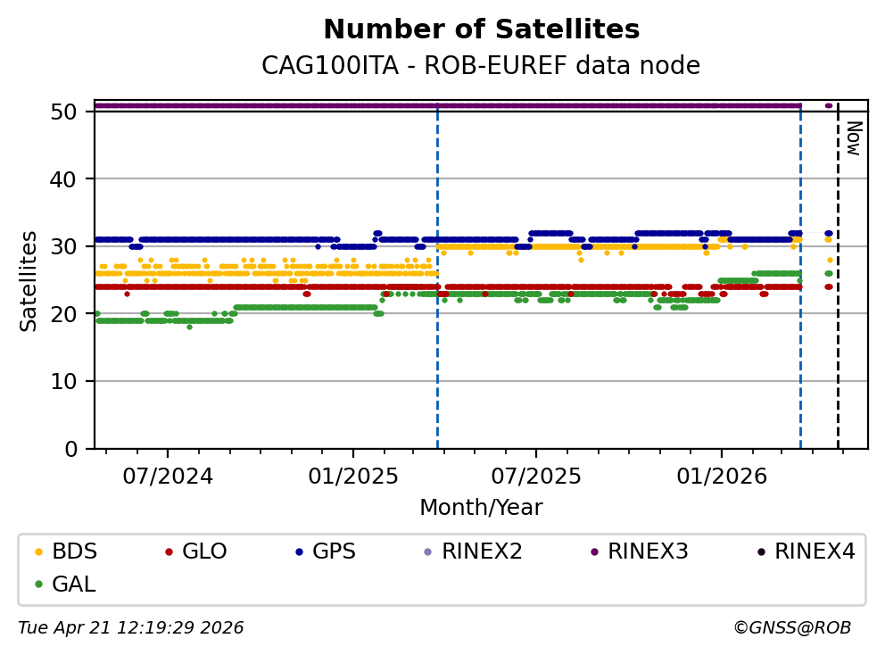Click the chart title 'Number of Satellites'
pos(481,30)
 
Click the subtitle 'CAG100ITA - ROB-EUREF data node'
pos(481,66)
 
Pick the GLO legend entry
pos(204,551)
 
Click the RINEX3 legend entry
pos(648,551)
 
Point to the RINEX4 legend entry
pos(814,551)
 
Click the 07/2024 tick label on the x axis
pos(168,476)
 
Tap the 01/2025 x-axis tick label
pos(352,476)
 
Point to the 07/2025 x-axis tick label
pos(536,476)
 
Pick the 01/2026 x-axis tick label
pos(721,476)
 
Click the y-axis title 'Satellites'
pos(29,280)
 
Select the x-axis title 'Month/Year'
pos(481,508)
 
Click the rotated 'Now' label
pos(853,138)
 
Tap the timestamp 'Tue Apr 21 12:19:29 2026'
pos(131,628)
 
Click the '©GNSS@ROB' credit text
pos(792,628)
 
